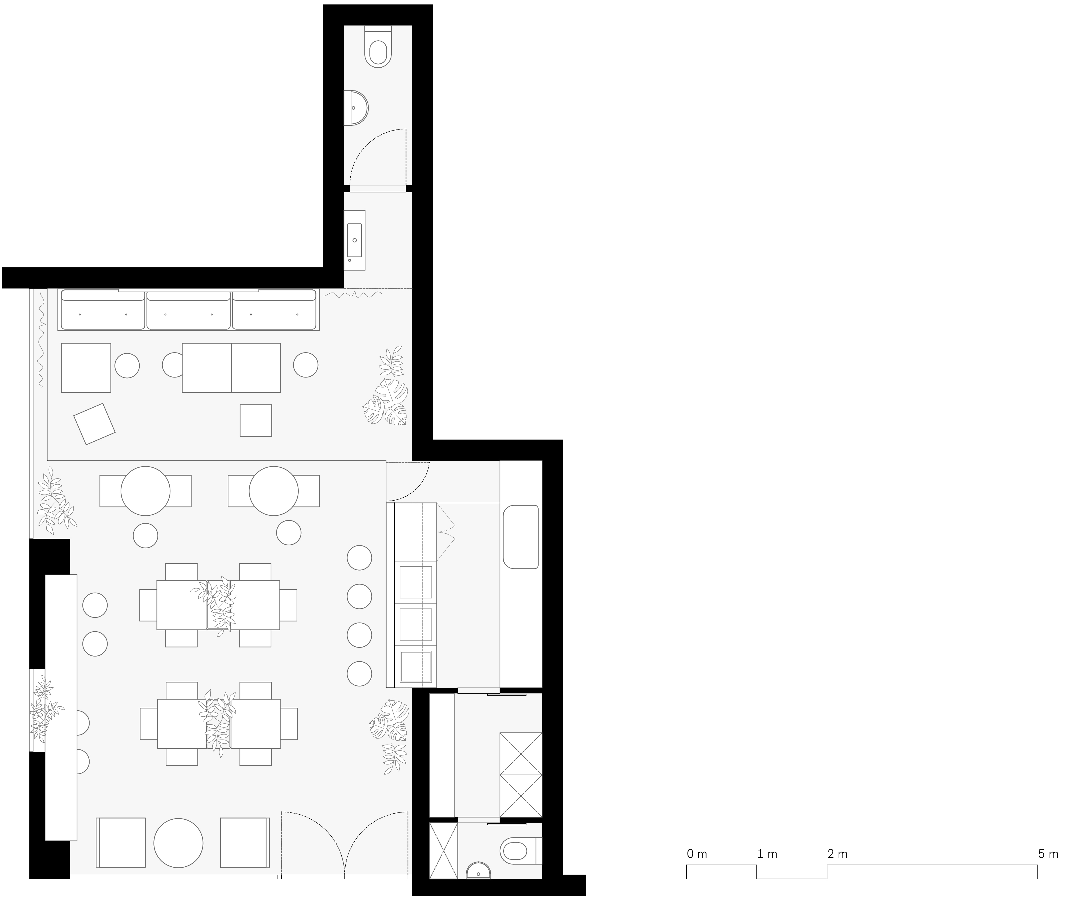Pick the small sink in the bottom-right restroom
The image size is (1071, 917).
[478, 871]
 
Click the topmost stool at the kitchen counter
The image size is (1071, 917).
[359, 558]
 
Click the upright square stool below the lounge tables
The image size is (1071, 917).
[256, 420]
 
